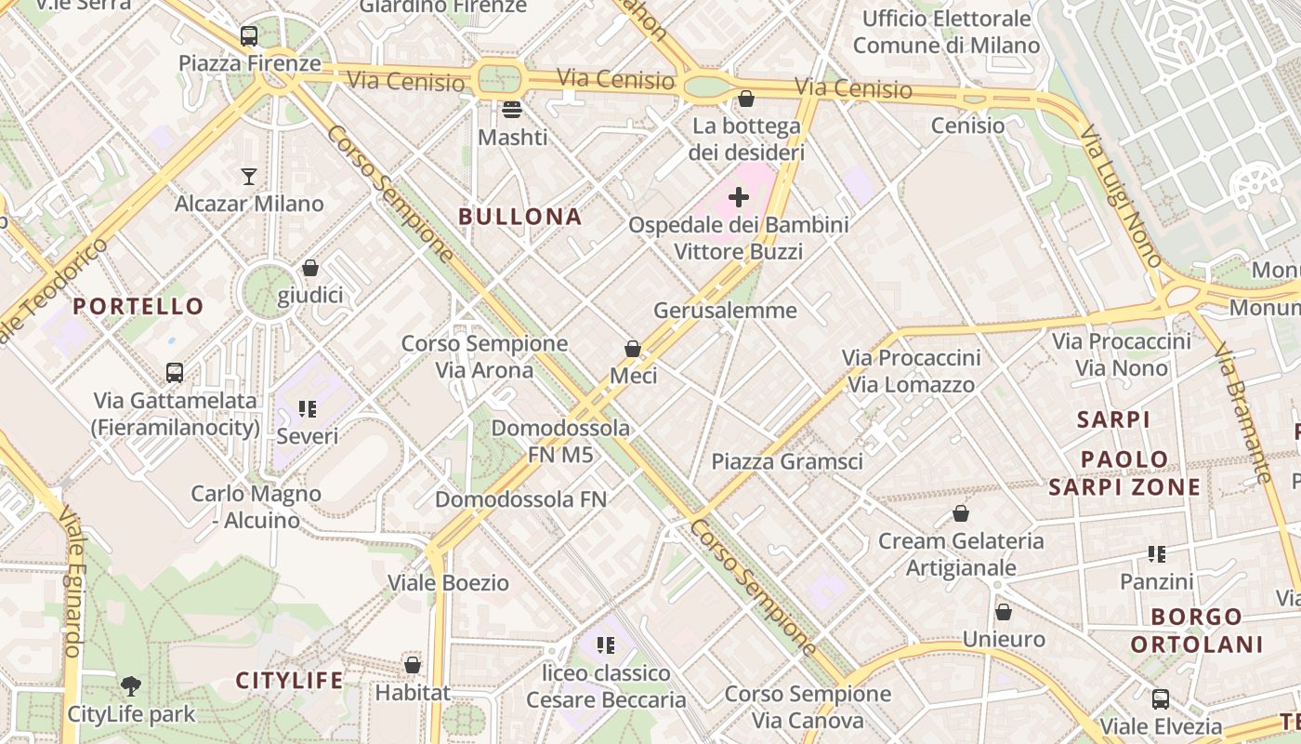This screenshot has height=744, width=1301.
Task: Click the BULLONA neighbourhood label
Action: click(520, 217)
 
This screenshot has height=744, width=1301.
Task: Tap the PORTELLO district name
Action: click(138, 306)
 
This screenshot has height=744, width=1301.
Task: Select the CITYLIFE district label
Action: click(289, 680)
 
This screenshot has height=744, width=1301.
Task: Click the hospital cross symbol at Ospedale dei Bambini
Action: click(739, 197)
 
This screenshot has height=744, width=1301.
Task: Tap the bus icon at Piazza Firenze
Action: click(249, 36)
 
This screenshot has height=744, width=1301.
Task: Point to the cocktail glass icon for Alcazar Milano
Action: click(249, 176)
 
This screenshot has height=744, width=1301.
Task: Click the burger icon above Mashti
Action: click(512, 110)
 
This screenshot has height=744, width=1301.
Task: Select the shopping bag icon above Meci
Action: click(633, 349)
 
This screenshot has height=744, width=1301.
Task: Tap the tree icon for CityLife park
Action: click(131, 686)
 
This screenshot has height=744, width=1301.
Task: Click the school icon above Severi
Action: click(308, 408)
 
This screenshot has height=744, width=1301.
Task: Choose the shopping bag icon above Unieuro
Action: click(1004, 612)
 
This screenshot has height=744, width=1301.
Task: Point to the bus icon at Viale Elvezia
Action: click(1161, 698)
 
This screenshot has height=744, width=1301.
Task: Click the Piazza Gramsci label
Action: click(787, 461)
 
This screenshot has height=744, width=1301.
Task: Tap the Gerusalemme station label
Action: click(725, 310)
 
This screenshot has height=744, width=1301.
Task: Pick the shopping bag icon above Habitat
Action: click(413, 665)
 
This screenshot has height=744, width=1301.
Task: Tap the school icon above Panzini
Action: click(1157, 554)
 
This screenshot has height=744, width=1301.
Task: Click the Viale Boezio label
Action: click(448, 583)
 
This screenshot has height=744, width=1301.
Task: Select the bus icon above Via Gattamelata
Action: click(175, 373)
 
